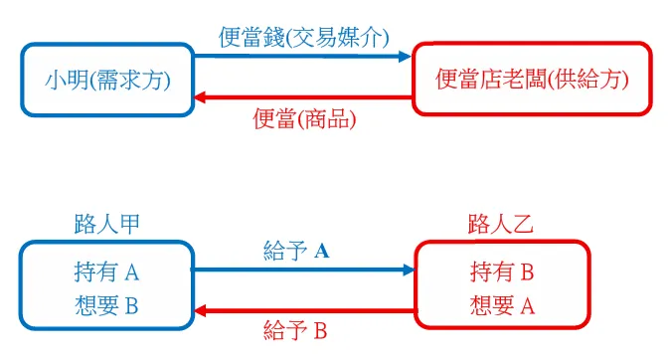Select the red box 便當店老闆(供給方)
coord(533,80)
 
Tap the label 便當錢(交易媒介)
coord(302,38)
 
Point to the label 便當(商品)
coord(305,120)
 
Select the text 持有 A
coord(106,271)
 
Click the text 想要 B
coord(106,305)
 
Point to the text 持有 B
coord(501,271)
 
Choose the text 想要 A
coord(501,305)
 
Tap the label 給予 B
coord(295,330)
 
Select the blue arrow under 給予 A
coord(298,270)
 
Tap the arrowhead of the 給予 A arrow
coord(408,270)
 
